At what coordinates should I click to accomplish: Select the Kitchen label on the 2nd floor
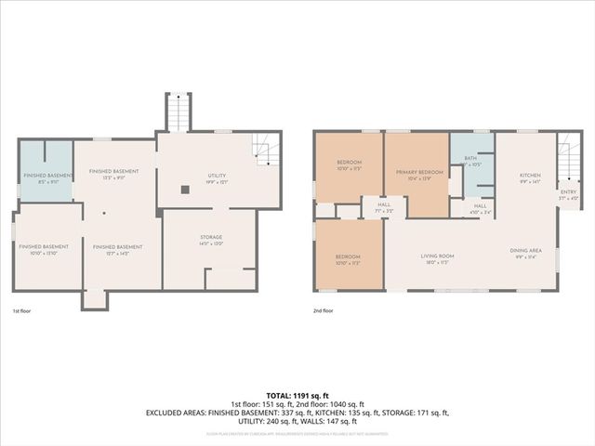tap(530, 177)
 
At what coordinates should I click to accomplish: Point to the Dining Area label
tap(526, 253)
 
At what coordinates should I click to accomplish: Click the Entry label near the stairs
tap(568, 195)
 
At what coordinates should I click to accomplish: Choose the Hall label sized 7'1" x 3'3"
tap(382, 207)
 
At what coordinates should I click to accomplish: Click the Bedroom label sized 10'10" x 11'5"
tap(349, 166)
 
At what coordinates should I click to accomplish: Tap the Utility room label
tap(217, 177)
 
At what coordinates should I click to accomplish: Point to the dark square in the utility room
tap(185, 189)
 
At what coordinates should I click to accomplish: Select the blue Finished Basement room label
tap(42, 178)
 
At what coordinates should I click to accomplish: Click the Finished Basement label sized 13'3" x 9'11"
tap(113, 174)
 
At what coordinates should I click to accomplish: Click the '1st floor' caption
tap(23, 311)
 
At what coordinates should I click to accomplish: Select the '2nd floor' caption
tap(324, 311)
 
